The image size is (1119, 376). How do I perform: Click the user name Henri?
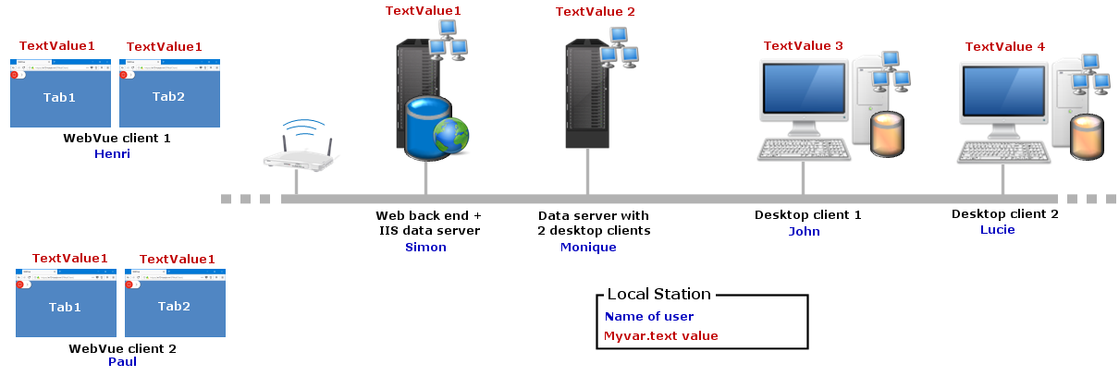tap(112, 154)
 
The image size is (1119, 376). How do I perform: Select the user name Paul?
tap(122, 361)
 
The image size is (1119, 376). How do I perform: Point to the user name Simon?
tap(425, 247)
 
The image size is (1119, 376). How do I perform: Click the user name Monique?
tap(588, 247)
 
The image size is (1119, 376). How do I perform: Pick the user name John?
tap(804, 231)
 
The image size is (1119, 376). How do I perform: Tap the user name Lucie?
tap(997, 229)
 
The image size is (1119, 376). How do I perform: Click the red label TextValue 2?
tap(595, 12)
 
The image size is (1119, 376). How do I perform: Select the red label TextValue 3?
tap(803, 45)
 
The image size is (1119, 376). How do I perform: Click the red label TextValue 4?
tap(1004, 46)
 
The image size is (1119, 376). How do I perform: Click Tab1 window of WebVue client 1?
tap(60, 96)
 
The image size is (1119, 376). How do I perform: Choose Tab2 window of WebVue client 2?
tap(174, 306)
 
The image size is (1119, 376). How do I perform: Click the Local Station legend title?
tap(658, 294)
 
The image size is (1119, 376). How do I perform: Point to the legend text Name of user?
tap(648, 317)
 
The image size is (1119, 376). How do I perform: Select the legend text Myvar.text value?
tap(660, 336)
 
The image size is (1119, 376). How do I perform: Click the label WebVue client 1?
tap(117, 138)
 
